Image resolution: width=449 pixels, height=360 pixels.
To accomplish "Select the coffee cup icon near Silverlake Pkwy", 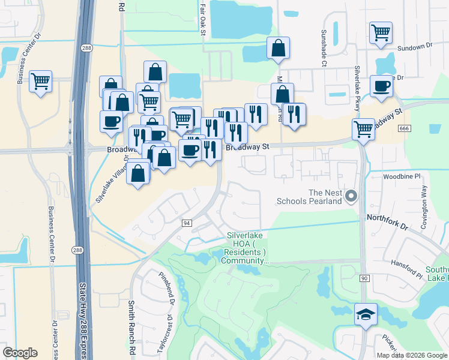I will (x=381, y=86).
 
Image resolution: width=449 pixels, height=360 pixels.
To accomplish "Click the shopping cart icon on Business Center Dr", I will (x=40, y=80).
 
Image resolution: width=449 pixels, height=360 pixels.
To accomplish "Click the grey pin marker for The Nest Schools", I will (x=352, y=195).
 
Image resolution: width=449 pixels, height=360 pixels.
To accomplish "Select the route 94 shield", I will (x=187, y=223).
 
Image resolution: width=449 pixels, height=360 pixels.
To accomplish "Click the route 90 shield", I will (x=364, y=278).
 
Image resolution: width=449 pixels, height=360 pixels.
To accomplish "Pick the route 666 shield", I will (x=403, y=128).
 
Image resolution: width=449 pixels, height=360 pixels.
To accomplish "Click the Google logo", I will (x=20, y=353).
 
